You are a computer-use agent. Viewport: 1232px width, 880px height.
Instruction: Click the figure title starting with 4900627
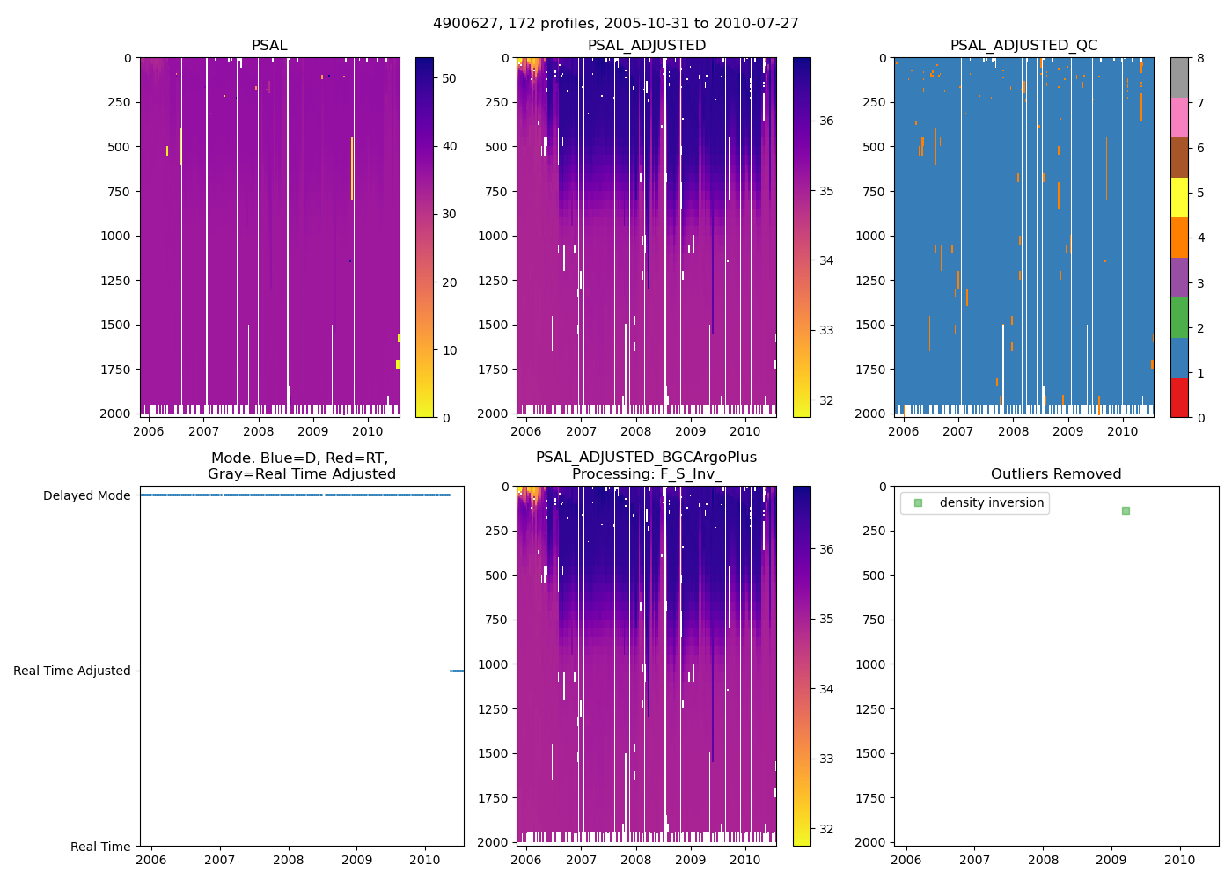(x=616, y=24)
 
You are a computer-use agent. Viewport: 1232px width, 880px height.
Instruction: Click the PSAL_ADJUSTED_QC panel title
(x=1023, y=46)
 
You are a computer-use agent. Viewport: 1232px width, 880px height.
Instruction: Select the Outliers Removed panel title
(x=1056, y=474)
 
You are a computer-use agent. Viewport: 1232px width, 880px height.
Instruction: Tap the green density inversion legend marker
(x=918, y=503)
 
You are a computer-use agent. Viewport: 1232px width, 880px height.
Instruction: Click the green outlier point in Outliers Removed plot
(x=1126, y=510)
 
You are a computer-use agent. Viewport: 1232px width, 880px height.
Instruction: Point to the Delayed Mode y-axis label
(x=86, y=495)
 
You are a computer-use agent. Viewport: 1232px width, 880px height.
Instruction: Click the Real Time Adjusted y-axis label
(x=71, y=671)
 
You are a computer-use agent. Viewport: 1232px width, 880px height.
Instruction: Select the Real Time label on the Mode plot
(x=100, y=847)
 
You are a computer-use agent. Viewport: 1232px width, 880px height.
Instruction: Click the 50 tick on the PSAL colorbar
(x=449, y=78)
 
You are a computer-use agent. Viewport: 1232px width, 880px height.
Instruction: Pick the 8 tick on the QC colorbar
(x=1200, y=58)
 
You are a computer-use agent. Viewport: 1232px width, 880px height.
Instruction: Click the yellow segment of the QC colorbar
(x=1179, y=198)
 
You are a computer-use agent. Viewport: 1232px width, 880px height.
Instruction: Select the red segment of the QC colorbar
(x=1179, y=397)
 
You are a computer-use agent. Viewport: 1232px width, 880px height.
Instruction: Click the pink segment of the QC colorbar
(x=1179, y=118)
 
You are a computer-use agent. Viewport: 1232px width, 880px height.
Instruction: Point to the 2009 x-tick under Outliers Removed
(x=1111, y=860)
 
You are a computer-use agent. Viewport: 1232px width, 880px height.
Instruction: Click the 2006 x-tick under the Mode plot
(x=151, y=860)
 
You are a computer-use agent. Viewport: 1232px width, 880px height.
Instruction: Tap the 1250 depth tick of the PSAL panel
(x=115, y=281)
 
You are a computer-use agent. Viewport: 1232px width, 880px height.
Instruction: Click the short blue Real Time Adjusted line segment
(x=457, y=671)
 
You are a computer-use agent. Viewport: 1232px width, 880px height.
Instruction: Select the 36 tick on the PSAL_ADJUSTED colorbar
(x=826, y=121)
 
